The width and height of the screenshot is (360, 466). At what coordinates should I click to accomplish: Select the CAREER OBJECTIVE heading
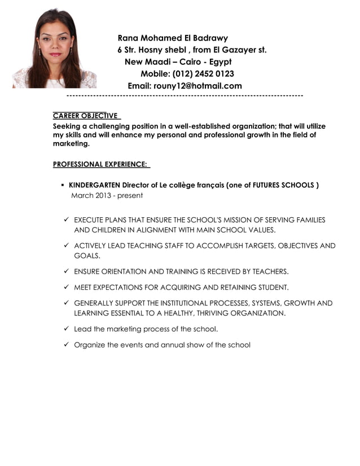click(x=85, y=116)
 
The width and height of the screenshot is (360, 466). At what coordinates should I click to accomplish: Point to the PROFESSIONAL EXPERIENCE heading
click(x=100, y=164)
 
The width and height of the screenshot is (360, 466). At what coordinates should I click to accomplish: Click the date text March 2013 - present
click(x=107, y=196)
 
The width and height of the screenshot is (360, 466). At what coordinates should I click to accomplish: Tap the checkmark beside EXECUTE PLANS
click(x=66, y=220)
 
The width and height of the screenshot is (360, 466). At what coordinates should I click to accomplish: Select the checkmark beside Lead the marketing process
click(x=66, y=328)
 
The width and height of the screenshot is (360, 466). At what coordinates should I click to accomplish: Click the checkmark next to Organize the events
click(x=66, y=345)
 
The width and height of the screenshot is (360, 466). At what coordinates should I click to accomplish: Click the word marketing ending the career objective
click(x=71, y=144)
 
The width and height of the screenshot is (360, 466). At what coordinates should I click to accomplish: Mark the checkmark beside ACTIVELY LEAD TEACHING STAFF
click(x=66, y=246)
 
